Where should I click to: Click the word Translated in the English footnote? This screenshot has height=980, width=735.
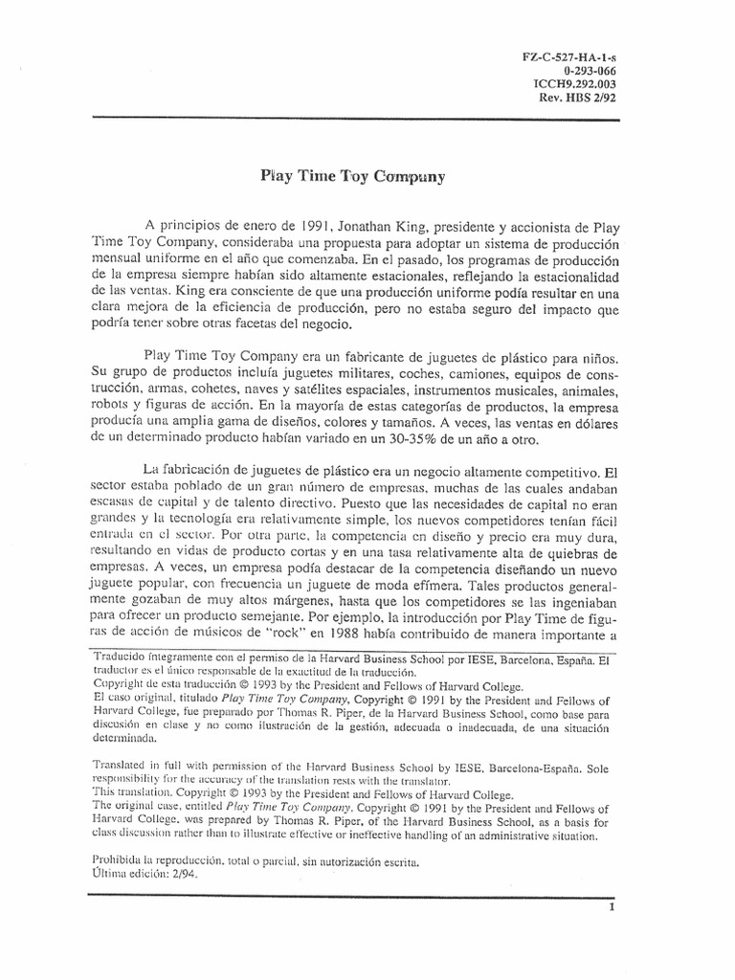tap(121, 768)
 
